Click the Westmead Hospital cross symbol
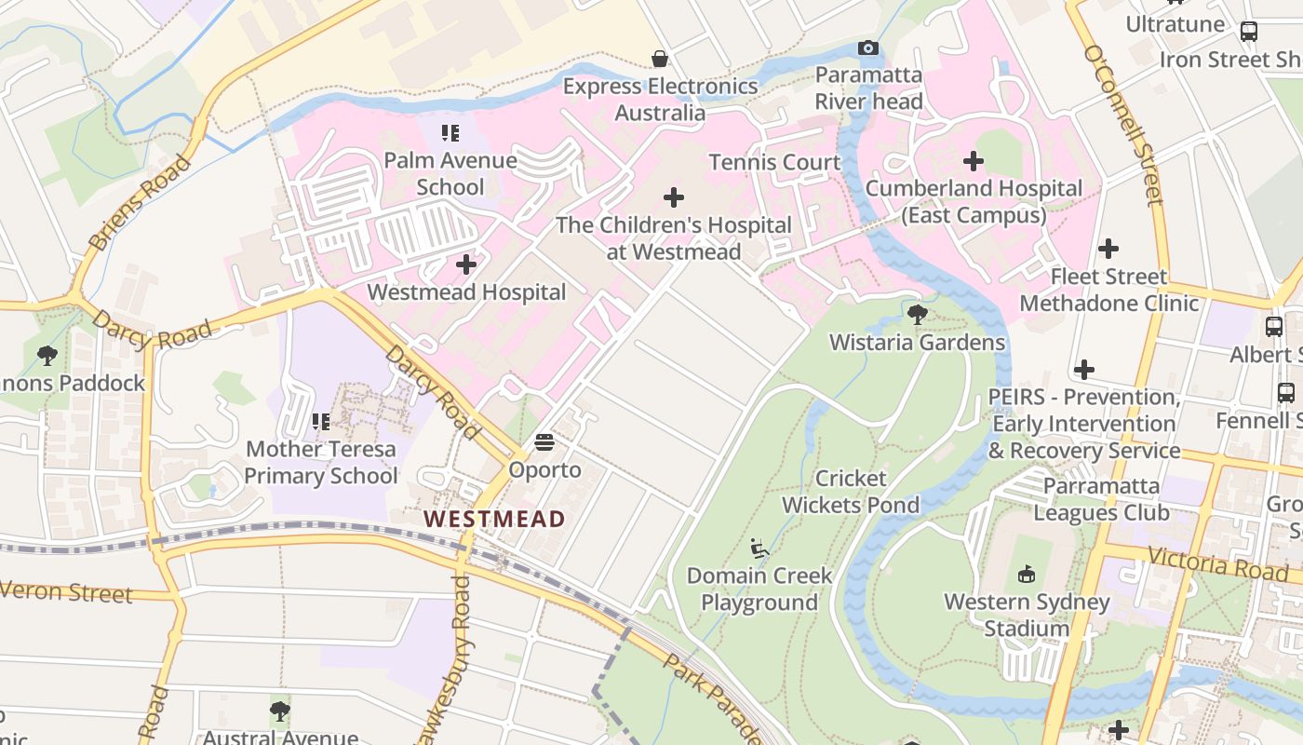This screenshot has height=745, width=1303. click(x=466, y=265)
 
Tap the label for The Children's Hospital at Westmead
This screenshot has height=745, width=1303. click(x=673, y=238)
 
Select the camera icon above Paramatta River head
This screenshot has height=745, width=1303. click(x=867, y=48)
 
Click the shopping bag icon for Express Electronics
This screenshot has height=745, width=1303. click(x=660, y=60)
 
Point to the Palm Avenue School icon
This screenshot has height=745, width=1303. click(x=450, y=133)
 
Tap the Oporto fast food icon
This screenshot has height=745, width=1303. click(x=544, y=441)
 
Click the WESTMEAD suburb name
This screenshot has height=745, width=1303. click(x=494, y=520)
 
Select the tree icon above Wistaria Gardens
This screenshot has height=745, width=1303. click(x=918, y=315)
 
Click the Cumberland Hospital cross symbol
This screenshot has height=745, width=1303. click(x=974, y=161)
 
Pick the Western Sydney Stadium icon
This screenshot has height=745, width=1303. click(x=1027, y=574)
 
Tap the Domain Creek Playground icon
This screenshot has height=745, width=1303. click(x=759, y=549)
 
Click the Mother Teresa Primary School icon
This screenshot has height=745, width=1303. click(x=321, y=422)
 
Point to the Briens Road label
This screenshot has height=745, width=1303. click(x=141, y=204)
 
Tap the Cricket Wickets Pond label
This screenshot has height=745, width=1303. click(x=850, y=492)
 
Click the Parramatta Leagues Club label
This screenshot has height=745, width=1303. click(x=1101, y=499)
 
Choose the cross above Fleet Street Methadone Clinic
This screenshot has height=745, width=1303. click(x=1108, y=249)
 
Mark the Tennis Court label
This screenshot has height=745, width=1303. click(x=774, y=162)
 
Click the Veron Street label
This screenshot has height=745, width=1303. click(x=65, y=591)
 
